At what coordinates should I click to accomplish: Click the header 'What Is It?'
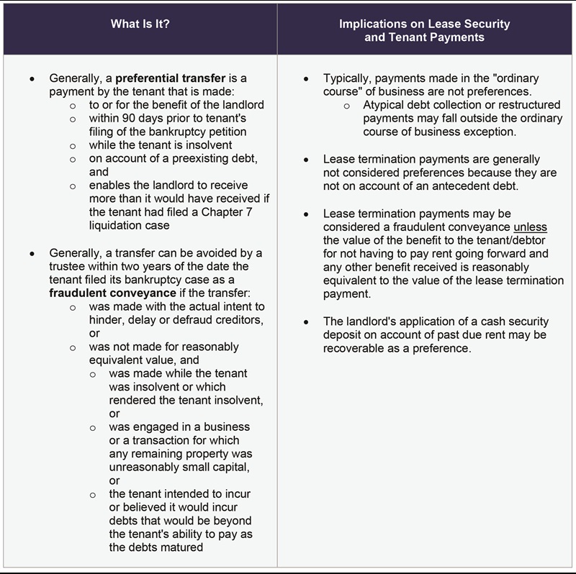140,24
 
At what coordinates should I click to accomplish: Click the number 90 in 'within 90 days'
125,118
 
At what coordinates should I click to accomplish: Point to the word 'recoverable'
352,348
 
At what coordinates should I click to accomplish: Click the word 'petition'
224,132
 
